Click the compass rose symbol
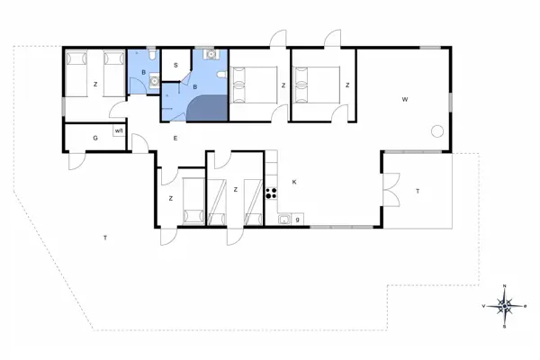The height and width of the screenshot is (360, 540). coord(505,306)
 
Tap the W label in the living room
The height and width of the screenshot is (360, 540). coord(405,98)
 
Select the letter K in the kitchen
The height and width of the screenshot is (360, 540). coord(294,183)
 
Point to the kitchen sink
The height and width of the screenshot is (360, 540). coord(284,218)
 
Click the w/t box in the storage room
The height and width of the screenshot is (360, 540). coord(118,131)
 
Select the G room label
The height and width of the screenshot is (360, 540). coord(94,138)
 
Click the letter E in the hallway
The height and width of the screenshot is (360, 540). coord(175,138)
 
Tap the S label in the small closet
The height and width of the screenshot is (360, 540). coord(176,65)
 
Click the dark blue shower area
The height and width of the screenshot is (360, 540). coord(209,107)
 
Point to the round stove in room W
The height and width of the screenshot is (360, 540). coord(437,130)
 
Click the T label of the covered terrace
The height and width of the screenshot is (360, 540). coord(418,191)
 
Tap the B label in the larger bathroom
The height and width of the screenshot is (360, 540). coord(195,86)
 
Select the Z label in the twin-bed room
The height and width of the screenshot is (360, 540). coord(94,85)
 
